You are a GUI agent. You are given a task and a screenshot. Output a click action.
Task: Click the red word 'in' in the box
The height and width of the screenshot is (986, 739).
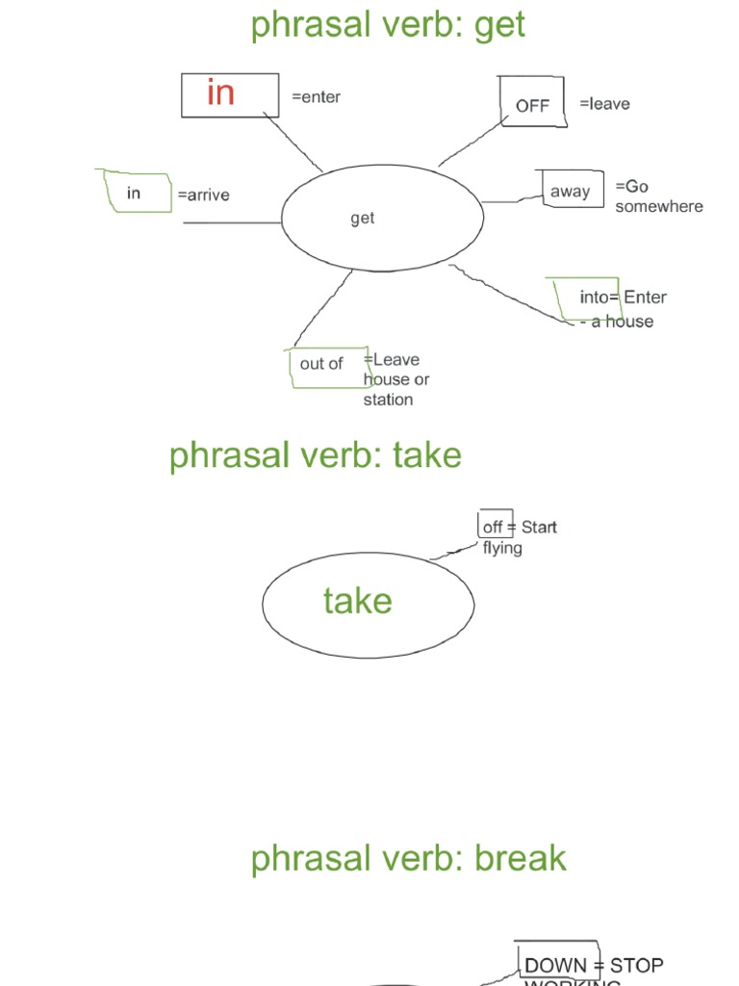pos(220,93)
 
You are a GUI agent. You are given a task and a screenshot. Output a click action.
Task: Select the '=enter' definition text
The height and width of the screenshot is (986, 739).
pos(316,97)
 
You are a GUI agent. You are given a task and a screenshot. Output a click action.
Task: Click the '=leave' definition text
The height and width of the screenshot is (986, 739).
pos(604,104)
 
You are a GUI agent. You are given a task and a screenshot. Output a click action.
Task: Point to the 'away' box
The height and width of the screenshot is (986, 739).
pos(570,192)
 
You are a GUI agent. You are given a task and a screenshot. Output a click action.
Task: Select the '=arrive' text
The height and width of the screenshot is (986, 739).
pos(203,195)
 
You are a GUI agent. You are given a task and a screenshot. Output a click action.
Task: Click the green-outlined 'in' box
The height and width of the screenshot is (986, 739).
pos(134,194)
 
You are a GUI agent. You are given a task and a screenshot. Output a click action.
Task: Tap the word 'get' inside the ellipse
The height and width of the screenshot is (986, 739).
pos(363,219)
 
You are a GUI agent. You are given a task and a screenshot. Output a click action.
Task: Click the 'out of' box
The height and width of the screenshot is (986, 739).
pos(321,364)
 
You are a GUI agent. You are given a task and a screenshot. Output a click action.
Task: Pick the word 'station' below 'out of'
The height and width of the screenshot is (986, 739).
pos(388,400)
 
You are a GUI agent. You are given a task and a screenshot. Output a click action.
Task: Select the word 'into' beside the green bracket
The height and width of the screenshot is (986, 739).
pos(594,298)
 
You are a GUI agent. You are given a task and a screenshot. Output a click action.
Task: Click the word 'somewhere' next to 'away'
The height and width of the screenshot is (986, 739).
pos(659,206)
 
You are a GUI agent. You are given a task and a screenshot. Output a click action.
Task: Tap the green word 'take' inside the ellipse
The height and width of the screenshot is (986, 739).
pos(358,602)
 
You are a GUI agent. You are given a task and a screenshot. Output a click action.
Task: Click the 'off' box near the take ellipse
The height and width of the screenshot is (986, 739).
pos(493,528)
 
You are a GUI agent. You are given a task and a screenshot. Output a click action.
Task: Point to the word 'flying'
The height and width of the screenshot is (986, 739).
pos(502,548)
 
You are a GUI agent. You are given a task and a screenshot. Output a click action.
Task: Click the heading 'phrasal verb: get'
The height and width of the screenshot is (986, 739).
pos(388,25)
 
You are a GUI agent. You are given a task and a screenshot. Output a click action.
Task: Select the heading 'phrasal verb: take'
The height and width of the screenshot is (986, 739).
pos(315,455)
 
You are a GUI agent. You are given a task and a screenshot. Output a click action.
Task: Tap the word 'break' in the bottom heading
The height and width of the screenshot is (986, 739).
pos(520,858)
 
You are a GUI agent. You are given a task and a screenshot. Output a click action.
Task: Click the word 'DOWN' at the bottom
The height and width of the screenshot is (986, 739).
pos(555,965)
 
